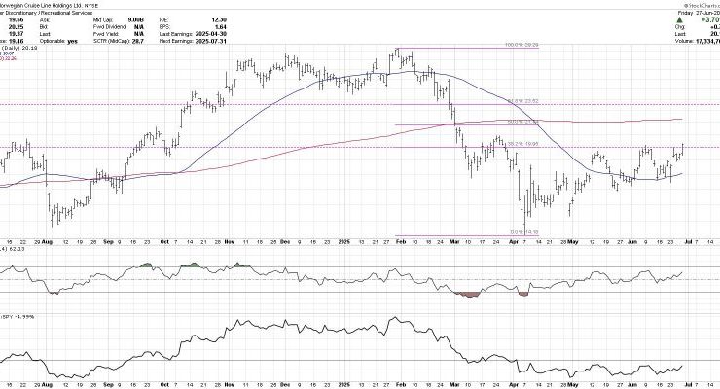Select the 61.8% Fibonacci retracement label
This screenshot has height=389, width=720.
(522, 100)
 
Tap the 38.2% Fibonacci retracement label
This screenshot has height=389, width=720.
(522, 143)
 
